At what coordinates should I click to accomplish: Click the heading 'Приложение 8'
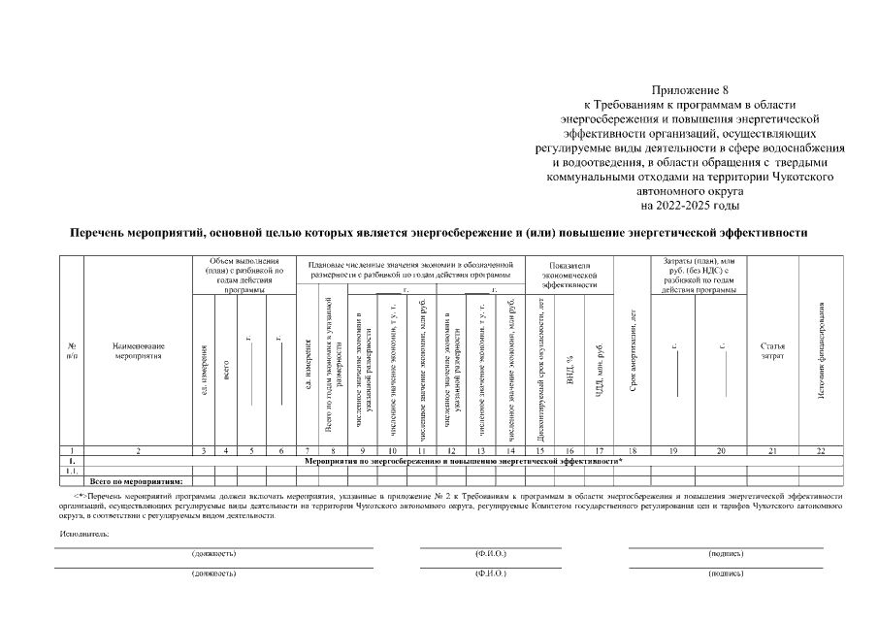pos(690,89)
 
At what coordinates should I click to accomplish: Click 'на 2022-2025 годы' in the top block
pos(690,206)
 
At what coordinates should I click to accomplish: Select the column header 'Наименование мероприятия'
pos(139,350)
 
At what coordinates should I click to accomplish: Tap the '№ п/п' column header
pos(72,350)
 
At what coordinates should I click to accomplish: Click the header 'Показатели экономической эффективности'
pos(570,275)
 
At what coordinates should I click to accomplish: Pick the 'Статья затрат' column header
pos(772,350)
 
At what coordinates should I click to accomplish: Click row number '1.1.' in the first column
pos(72,471)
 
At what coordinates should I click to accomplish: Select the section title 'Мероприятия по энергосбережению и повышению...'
pos(464,461)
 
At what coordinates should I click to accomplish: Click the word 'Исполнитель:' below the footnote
pos(83,534)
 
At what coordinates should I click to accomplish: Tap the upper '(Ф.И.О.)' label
pos(490,553)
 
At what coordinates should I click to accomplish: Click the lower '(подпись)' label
pos(725,572)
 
